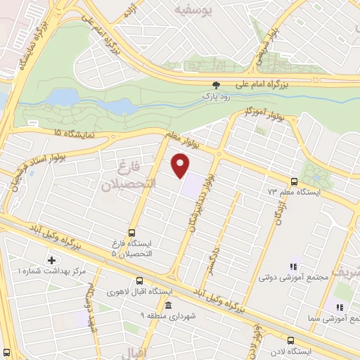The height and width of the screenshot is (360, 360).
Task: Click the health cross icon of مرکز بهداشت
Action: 51,260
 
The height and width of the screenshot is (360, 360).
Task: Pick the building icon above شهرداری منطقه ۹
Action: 167,304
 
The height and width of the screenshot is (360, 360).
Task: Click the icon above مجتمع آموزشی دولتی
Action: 293,266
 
